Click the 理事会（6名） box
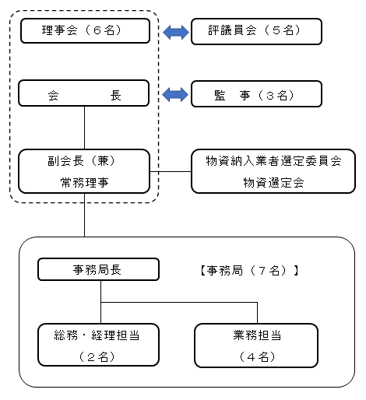coord(85,30)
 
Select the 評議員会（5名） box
coord(256,31)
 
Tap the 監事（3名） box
coord(256,94)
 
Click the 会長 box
coord(84,93)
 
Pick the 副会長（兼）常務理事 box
coord(84,171)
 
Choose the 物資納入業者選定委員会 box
coord(273,171)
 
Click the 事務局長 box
coord(98,269)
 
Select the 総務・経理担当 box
coord(98,345)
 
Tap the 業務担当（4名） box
coord(256,346)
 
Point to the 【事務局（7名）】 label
coord(249,271)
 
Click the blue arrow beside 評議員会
coord(176,32)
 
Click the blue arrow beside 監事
coord(175,94)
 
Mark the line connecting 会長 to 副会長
coord(84,128)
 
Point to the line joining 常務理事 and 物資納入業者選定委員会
coord(171,171)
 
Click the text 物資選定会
coord(273,183)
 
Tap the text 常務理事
coord(84,183)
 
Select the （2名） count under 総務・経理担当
coord(97,357)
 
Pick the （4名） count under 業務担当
coord(257,357)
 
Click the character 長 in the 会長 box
coord(115,96)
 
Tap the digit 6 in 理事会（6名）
coord(97,30)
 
